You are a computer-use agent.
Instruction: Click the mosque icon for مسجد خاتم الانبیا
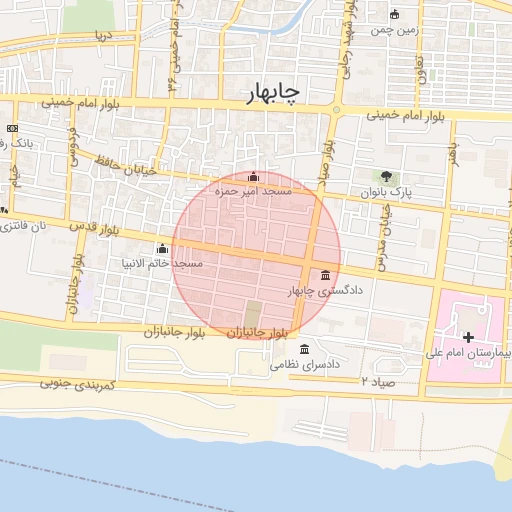point(162,248)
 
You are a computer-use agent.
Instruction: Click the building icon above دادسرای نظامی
point(305,349)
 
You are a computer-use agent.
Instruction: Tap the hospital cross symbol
point(468,337)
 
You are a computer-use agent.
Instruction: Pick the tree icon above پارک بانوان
point(386,177)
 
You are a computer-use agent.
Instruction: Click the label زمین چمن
point(393,30)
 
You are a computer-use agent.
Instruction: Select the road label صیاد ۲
point(379,382)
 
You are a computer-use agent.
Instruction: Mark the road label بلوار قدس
point(91,228)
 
